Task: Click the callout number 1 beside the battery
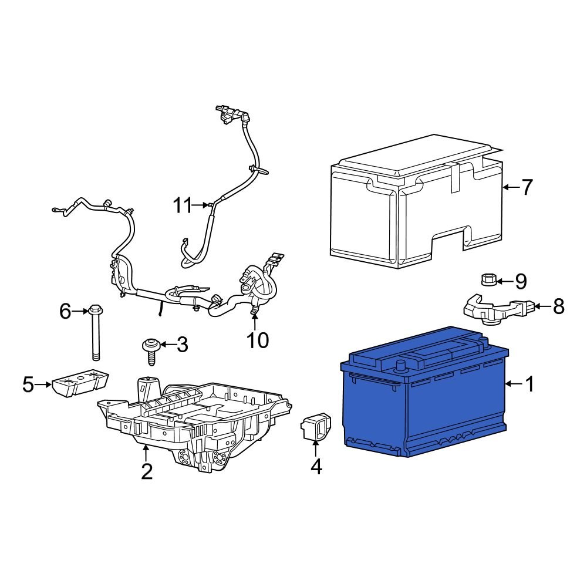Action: coord(529,384)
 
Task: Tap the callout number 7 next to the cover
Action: coord(527,188)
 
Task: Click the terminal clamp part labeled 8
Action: coord(493,309)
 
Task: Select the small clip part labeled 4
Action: coord(315,427)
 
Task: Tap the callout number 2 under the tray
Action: coord(147,471)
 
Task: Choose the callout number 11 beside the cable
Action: coord(183,205)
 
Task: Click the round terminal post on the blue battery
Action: coord(402,366)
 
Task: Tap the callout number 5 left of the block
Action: coord(28,385)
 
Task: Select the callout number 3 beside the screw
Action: coord(182,345)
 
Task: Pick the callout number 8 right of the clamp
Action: coord(558,306)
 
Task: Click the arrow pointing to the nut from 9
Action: coord(504,281)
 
